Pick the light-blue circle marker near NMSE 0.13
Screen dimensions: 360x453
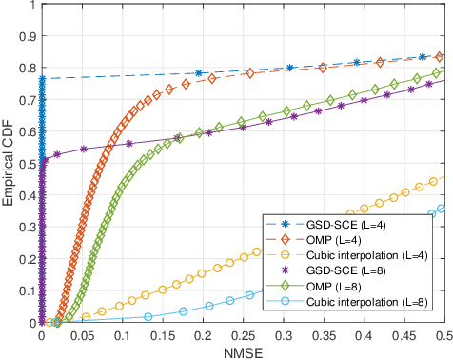click(x=148, y=316)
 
